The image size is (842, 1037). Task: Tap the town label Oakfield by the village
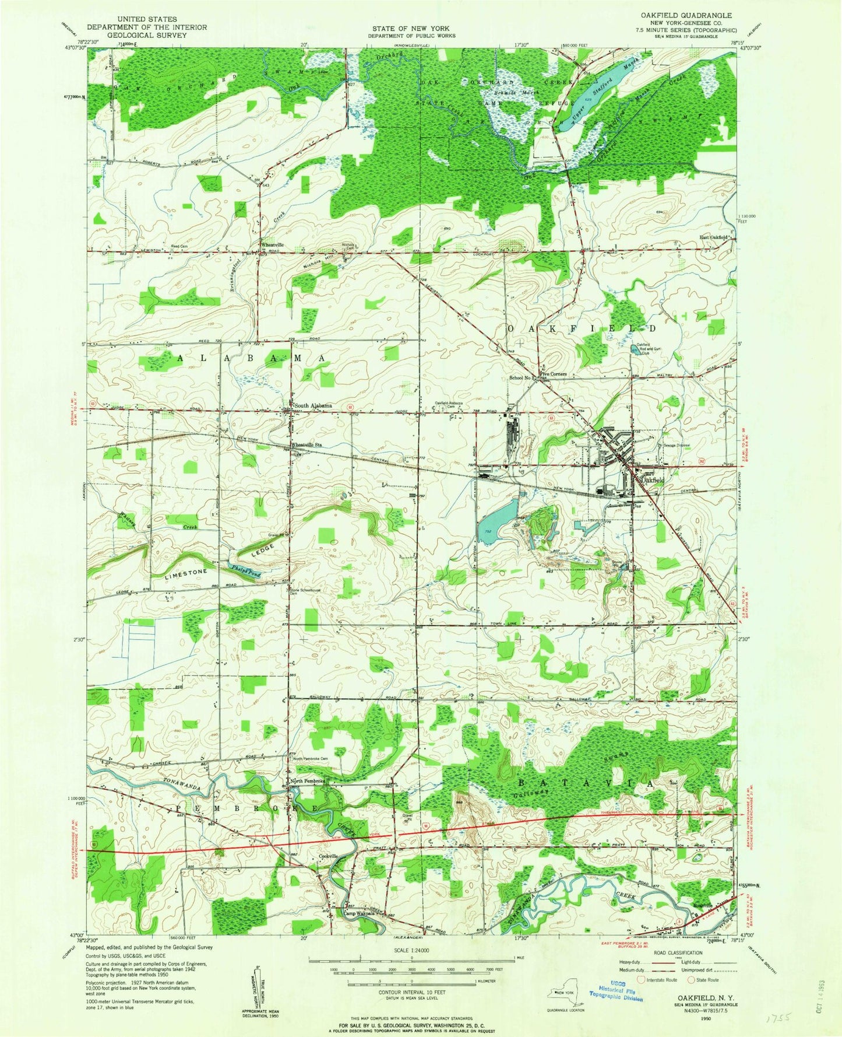[x=652, y=479]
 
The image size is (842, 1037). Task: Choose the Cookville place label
[x=328, y=856]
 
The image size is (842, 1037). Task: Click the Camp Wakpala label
[x=358, y=913]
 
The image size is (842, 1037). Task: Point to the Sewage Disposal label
[x=677, y=445]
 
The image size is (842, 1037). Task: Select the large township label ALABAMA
[x=251, y=359]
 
